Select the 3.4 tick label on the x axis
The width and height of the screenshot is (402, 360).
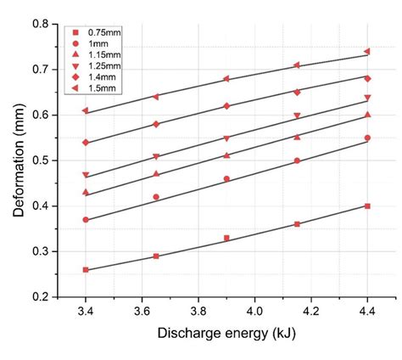tap(85, 313)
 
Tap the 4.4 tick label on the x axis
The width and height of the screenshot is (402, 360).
tap(367, 313)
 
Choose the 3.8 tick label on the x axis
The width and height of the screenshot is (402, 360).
tap(198, 313)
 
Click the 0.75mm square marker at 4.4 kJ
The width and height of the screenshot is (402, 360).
tap(367, 206)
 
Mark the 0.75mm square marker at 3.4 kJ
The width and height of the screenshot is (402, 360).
tap(85, 270)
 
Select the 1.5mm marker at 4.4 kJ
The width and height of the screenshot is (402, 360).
tap(367, 51)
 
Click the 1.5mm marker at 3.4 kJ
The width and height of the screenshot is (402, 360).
tap(85, 110)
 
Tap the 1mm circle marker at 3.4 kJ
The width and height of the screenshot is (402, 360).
tap(85, 220)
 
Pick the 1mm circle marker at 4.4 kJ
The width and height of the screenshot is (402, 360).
tap(367, 138)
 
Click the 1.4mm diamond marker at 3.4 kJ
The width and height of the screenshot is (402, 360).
tap(85, 142)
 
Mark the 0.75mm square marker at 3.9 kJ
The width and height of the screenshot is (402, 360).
tap(226, 238)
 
